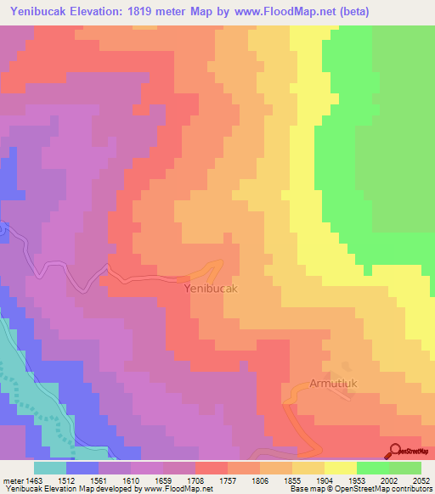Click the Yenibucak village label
pos(211,289)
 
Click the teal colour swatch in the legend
pos(49,468)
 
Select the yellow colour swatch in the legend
pos(340,468)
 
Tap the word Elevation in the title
pos(97,11)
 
